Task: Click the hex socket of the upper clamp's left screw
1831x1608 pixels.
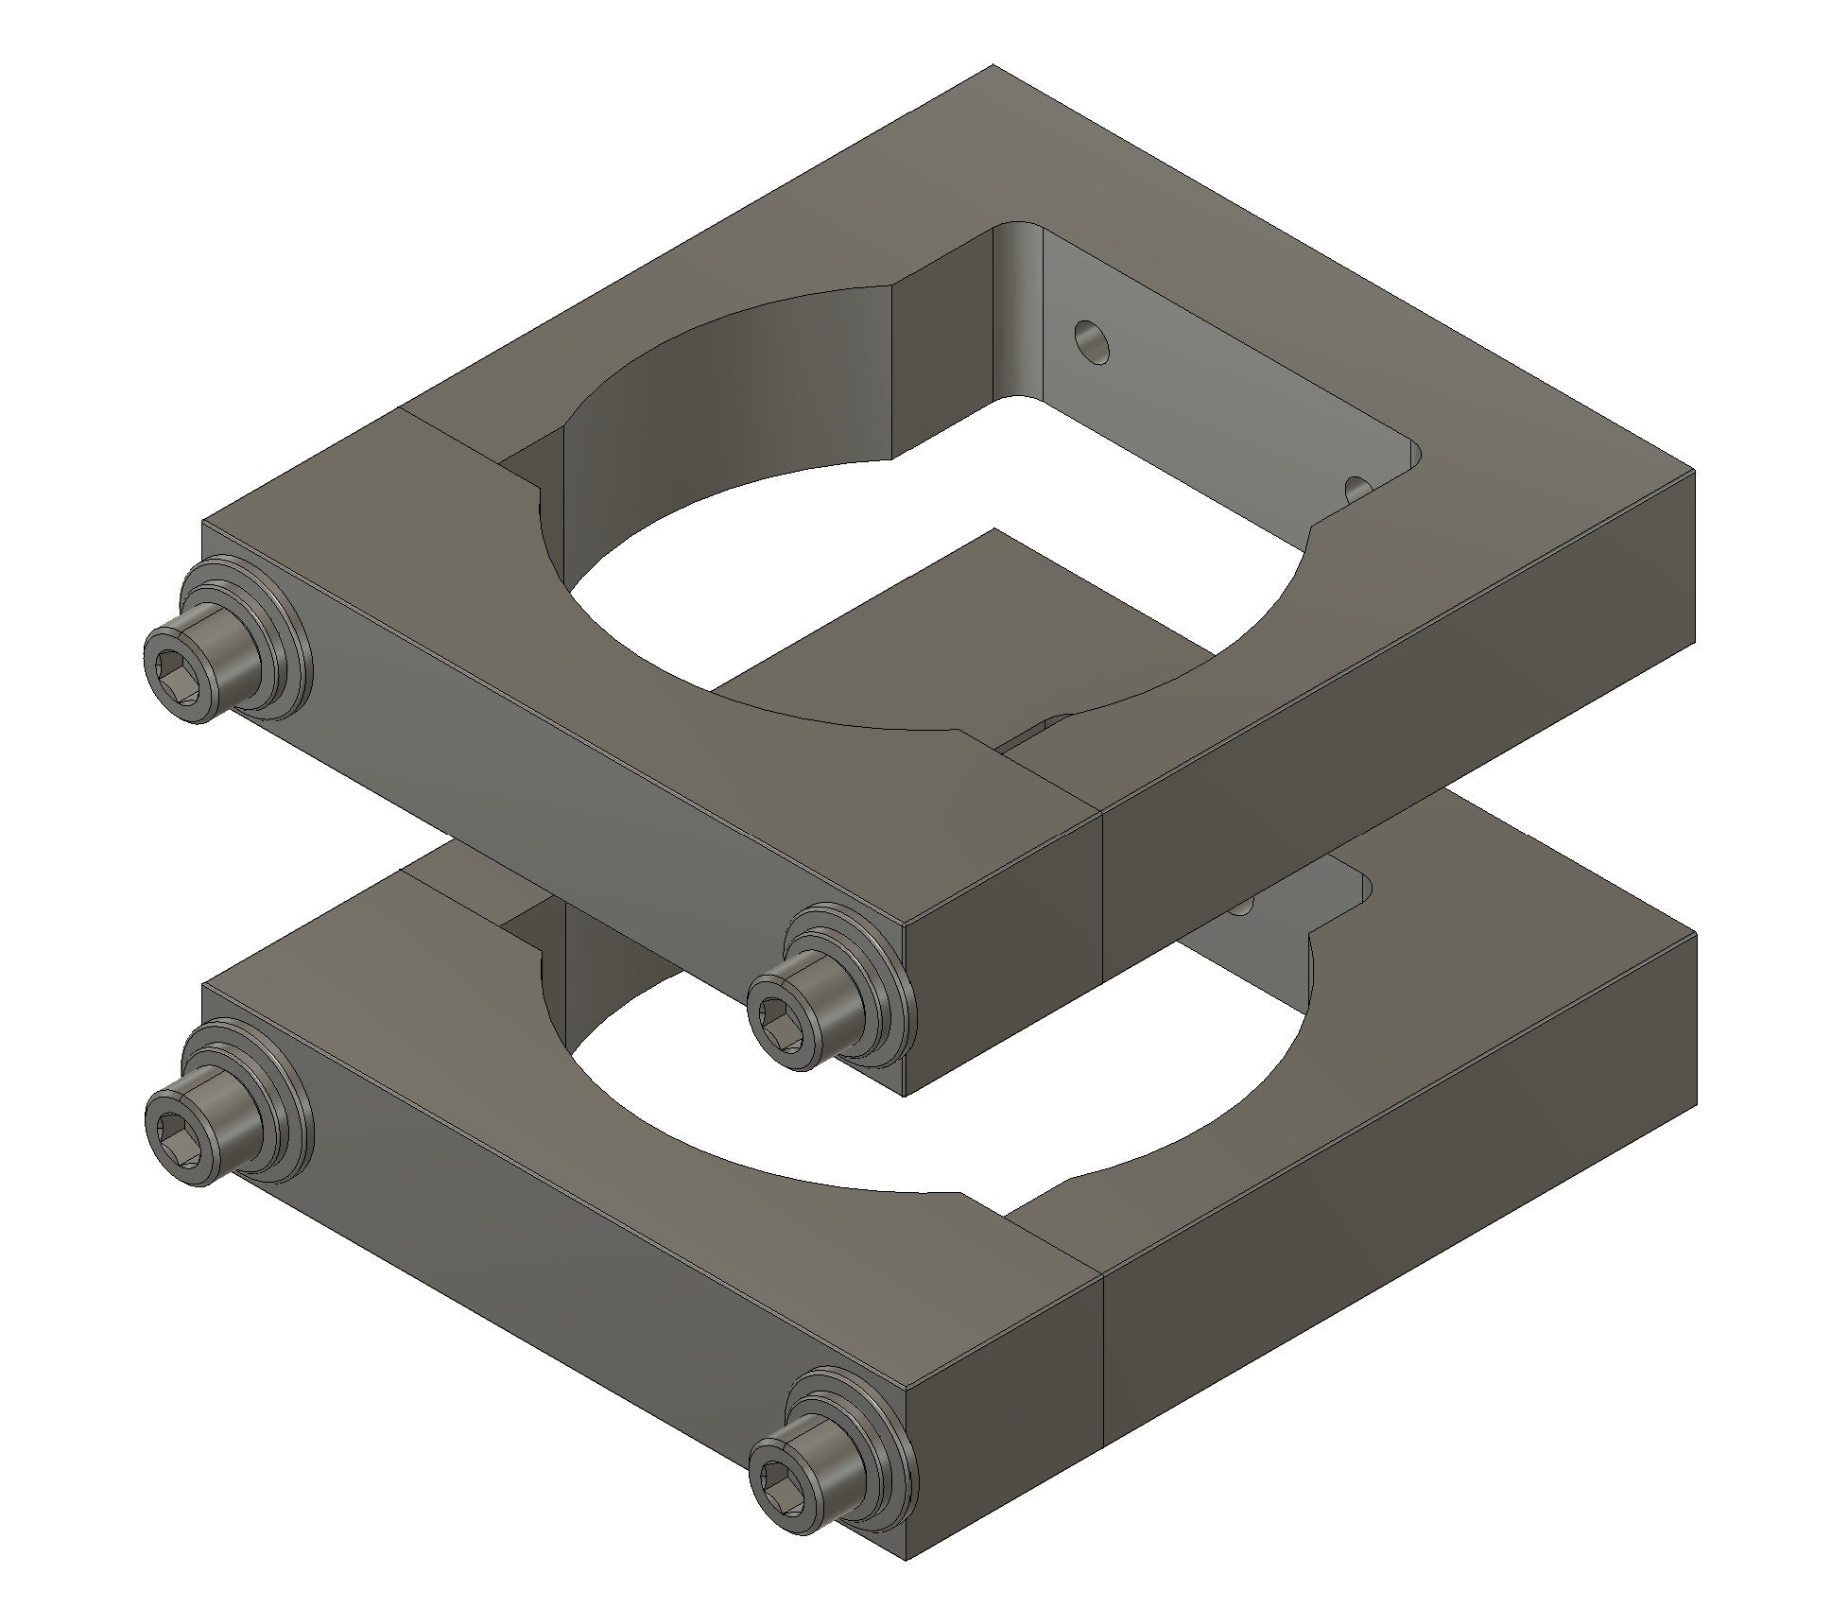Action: (x=180, y=666)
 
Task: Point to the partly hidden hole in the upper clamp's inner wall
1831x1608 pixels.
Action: (x=1358, y=488)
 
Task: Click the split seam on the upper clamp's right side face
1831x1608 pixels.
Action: (x=1103, y=898)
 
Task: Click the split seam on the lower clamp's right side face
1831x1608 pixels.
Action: (x=1103, y=1361)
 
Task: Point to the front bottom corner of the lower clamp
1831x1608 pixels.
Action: (x=905, y=1557)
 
